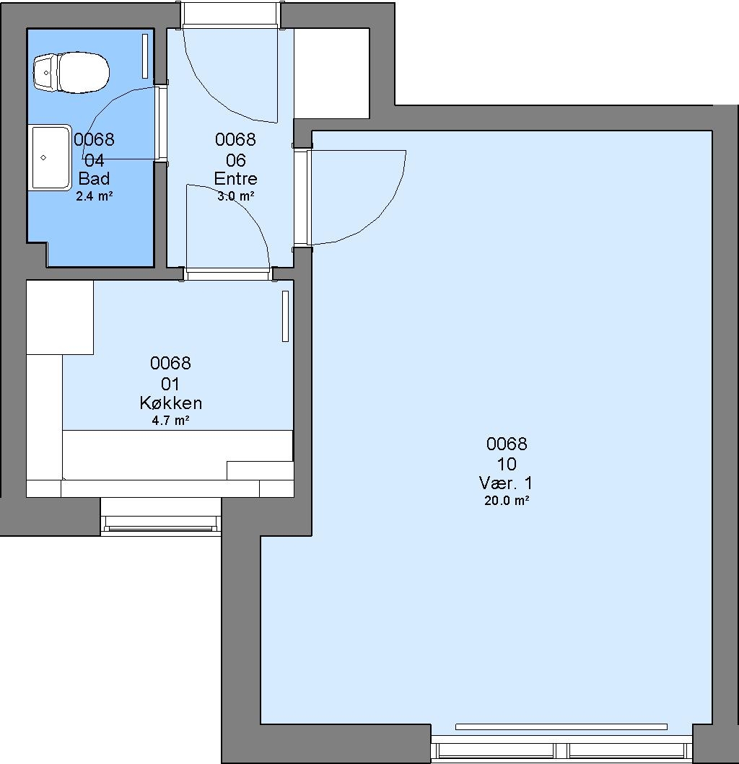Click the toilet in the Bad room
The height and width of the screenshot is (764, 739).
(71, 73)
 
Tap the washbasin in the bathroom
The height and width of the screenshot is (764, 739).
(51, 158)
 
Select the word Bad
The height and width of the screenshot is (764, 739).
(94, 179)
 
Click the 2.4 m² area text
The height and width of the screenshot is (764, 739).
(94, 197)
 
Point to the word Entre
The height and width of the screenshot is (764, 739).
(235, 179)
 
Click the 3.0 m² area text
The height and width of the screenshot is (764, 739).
(235, 196)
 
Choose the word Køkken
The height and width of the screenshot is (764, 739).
(170, 403)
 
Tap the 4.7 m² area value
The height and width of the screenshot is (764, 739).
(170, 421)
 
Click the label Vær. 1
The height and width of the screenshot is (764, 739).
(506, 483)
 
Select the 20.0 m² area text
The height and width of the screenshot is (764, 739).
(507, 501)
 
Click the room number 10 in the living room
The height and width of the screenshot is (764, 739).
(507, 464)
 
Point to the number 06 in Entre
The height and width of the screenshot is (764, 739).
(235, 160)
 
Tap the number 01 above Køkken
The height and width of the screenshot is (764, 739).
(170, 385)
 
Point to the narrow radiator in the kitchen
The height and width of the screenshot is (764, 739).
(286, 316)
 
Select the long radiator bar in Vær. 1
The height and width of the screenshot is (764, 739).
(561, 727)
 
